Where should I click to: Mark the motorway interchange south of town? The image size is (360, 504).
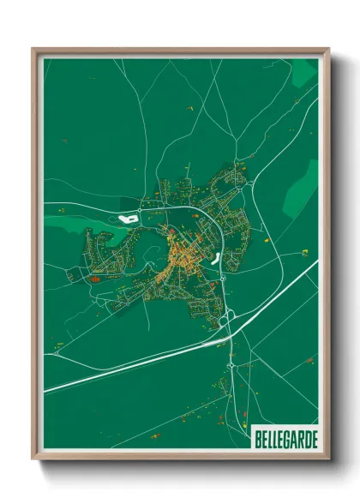coord(227,319)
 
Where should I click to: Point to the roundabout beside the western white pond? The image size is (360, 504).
coord(145,207)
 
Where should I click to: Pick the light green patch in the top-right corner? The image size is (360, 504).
coord(303,74)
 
